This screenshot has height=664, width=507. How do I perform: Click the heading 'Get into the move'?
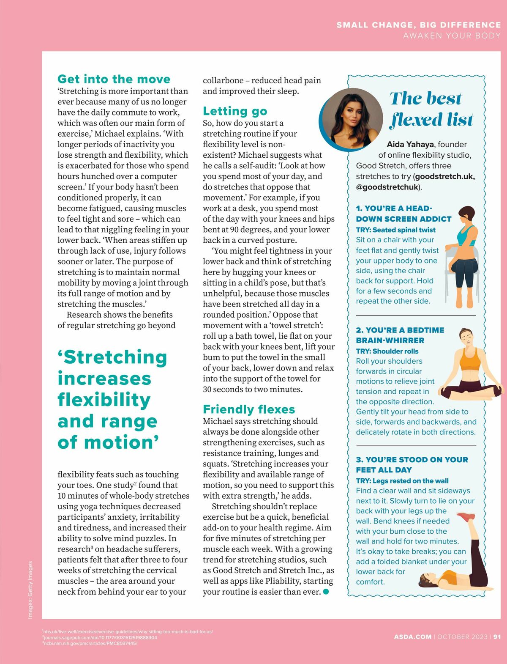pos(114,79)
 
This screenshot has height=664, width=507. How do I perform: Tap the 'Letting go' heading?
pos(235,111)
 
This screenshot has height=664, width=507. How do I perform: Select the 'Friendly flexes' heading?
pos(249,409)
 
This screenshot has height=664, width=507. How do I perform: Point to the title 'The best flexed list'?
pos(431,109)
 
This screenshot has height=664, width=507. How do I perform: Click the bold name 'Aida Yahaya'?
pos(410,144)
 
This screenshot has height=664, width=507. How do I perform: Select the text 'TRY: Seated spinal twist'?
pos(395,230)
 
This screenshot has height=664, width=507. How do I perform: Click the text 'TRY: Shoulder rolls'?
pos(387,351)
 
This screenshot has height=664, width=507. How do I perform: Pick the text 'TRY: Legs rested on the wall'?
pos(402,480)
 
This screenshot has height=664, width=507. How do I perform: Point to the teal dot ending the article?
pos(326,592)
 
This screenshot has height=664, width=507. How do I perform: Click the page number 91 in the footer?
pos(497,637)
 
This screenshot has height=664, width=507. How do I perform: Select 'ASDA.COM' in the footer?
pos(413,637)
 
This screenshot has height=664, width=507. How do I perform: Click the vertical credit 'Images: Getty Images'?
pos(30,590)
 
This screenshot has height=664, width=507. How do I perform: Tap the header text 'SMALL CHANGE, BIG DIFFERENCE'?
pos(418,25)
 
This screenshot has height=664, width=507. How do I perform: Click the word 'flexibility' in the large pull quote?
pos(104,400)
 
